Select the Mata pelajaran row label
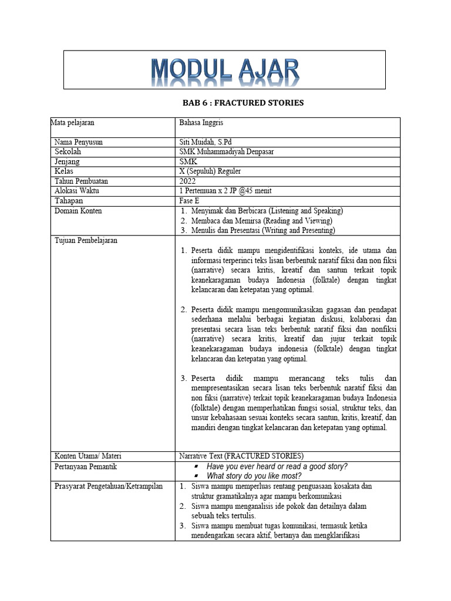tap(74, 123)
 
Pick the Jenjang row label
tap(67, 161)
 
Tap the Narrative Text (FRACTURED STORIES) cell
tap(241, 456)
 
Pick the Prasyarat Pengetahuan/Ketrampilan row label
tap(109, 486)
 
